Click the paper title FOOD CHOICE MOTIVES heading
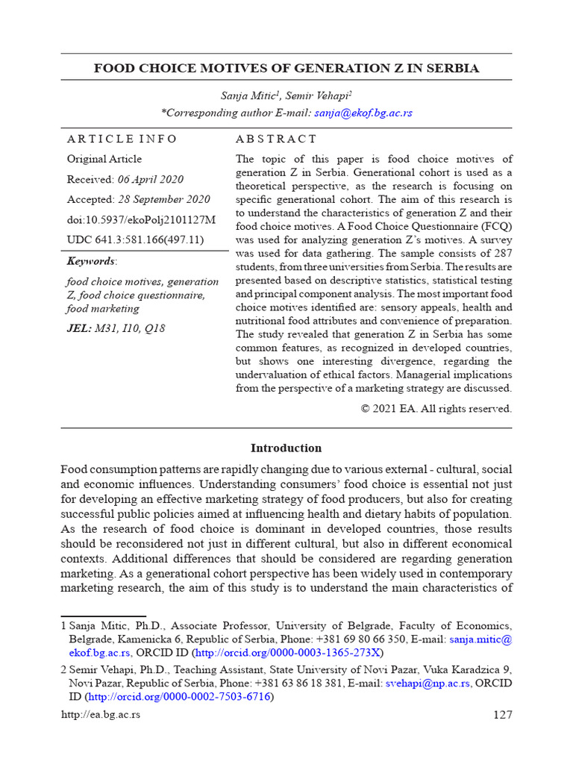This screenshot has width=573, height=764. pyautogui.click(x=286, y=68)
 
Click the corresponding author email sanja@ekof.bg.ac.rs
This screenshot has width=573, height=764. pyautogui.click(x=363, y=113)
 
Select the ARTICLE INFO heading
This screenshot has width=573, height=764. pyautogui.click(x=122, y=139)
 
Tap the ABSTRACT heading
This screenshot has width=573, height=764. pyautogui.click(x=276, y=139)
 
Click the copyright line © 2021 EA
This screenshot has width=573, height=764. pyautogui.click(x=436, y=408)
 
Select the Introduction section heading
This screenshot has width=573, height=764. pyautogui.click(x=286, y=448)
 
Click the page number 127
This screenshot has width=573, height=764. pyautogui.click(x=503, y=715)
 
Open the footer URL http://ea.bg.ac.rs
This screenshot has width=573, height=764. pyautogui.click(x=100, y=715)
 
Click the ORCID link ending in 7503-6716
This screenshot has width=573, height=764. pyautogui.click(x=179, y=696)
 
